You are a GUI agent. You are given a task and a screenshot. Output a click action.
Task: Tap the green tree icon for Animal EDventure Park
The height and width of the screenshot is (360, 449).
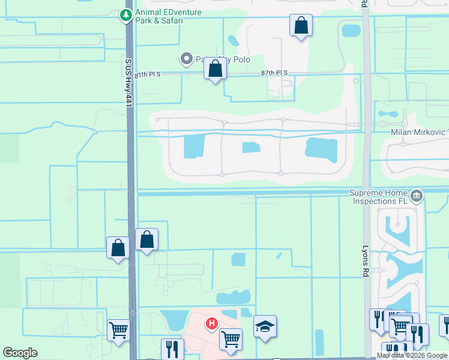(127, 16)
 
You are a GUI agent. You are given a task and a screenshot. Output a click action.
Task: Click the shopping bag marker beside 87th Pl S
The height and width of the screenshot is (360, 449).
(215, 70)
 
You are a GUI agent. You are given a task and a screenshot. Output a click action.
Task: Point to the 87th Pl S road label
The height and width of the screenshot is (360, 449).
(275, 73)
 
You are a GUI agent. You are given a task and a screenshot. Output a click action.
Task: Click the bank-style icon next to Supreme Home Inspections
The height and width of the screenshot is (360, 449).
(416, 195)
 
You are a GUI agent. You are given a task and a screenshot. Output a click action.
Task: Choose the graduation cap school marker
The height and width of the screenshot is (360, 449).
(265, 326)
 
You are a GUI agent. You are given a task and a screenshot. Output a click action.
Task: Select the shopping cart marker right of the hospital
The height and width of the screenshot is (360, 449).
(231, 339)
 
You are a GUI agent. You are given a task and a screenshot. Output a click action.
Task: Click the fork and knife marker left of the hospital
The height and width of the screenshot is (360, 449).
(172, 349)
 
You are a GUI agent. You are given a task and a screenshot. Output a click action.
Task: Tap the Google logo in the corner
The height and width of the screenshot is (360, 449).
(20, 353)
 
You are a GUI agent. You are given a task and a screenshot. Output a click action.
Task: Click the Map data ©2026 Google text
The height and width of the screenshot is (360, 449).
(412, 355)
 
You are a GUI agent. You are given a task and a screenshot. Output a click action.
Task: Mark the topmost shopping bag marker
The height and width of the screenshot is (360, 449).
(301, 26)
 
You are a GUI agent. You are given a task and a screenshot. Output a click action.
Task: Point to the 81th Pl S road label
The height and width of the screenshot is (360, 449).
(148, 75)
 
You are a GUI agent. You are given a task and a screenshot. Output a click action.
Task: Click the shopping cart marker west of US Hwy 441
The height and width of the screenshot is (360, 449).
(119, 329)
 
